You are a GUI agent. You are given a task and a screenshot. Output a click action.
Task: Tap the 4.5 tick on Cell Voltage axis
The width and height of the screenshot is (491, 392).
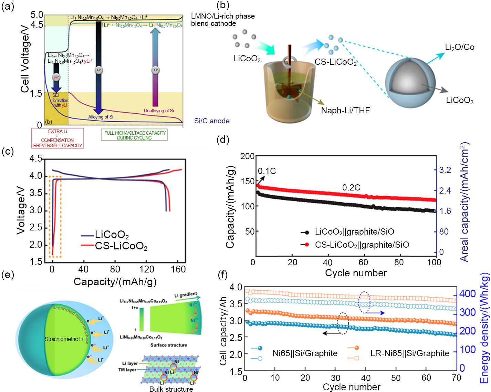pos(34,25)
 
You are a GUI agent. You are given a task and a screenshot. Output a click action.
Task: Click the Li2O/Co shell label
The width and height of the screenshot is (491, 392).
pos(460,47)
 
